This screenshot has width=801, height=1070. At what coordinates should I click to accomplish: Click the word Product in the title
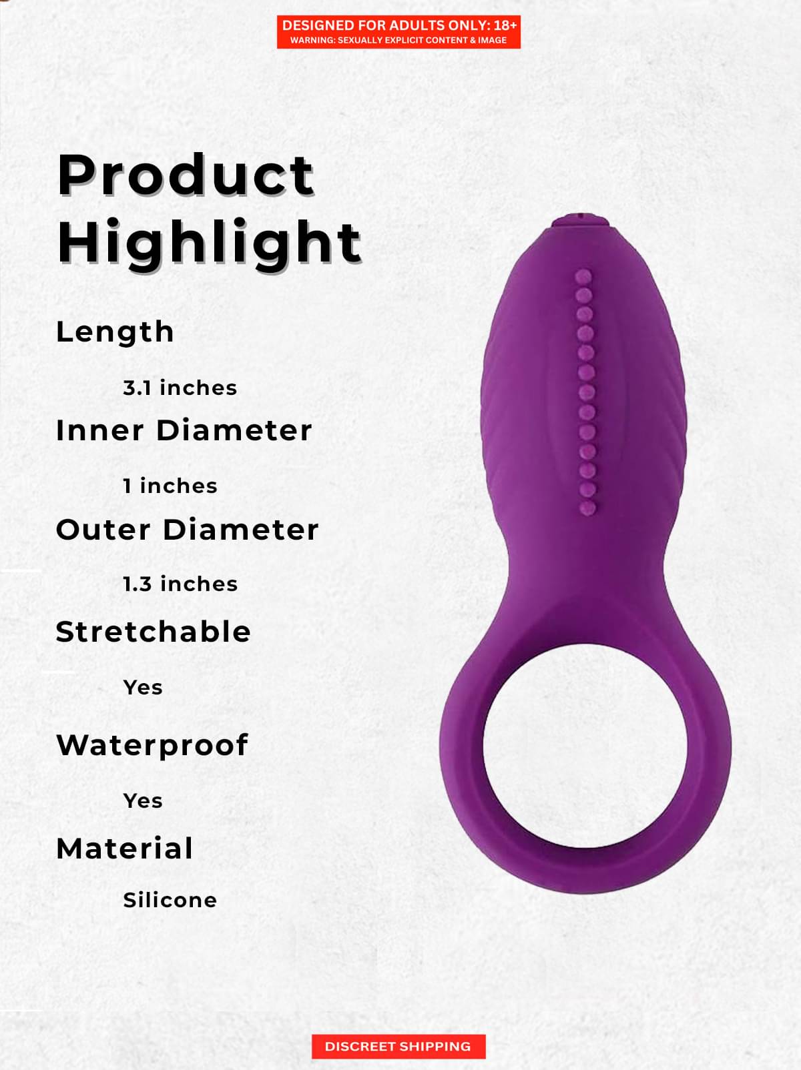[x=186, y=175]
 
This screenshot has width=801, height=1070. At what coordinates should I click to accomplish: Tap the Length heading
[x=115, y=332]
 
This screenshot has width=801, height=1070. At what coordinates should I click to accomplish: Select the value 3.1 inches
[x=180, y=388]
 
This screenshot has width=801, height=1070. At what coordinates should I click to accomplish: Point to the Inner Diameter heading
[x=184, y=430]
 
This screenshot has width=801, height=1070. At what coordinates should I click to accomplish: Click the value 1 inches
[x=170, y=486]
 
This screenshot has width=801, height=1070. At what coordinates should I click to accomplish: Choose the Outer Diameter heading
[x=188, y=530]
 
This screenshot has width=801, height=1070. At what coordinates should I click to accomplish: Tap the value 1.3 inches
[x=180, y=584]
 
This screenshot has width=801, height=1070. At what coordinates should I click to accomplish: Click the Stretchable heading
[x=153, y=632]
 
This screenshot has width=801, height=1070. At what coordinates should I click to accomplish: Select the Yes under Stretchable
[x=142, y=688]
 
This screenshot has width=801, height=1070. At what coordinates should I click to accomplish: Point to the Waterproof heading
[x=152, y=746]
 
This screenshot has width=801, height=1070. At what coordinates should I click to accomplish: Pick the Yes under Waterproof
[x=142, y=801]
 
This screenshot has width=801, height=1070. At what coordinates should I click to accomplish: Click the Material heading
[x=125, y=849]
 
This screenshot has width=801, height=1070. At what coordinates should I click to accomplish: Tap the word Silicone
[x=170, y=901]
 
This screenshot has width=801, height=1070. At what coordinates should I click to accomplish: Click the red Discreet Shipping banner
[x=398, y=1047]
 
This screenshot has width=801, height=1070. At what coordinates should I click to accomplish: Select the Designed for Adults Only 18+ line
[x=399, y=25]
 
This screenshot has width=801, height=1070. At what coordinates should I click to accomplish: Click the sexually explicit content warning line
[x=398, y=41]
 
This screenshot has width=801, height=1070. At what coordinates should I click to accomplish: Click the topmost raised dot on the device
[x=583, y=277]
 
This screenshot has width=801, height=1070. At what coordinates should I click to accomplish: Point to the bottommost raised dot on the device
[x=587, y=508]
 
